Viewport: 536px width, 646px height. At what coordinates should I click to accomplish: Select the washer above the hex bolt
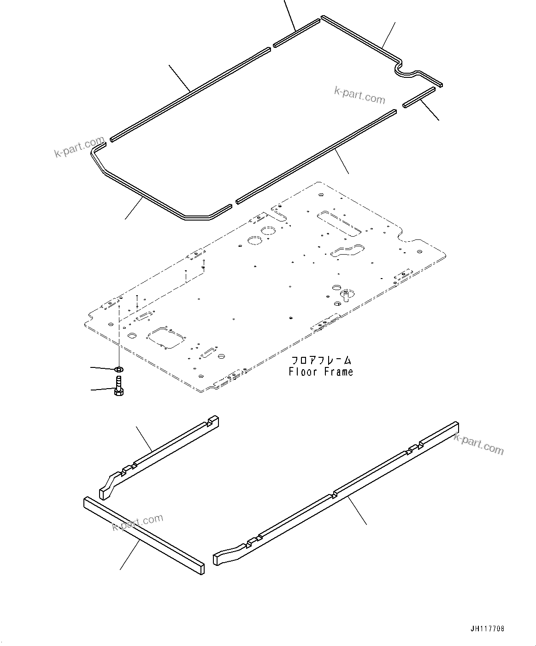pyautogui.click(x=118, y=369)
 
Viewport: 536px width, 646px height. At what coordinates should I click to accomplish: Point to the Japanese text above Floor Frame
pyautogui.click(x=321, y=360)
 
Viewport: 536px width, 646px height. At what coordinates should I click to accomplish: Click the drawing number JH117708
pyautogui.click(x=487, y=629)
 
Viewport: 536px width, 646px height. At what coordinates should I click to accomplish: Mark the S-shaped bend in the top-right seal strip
pyautogui.click(x=407, y=70)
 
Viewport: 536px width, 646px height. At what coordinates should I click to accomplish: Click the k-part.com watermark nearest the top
pyautogui.click(x=359, y=96)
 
